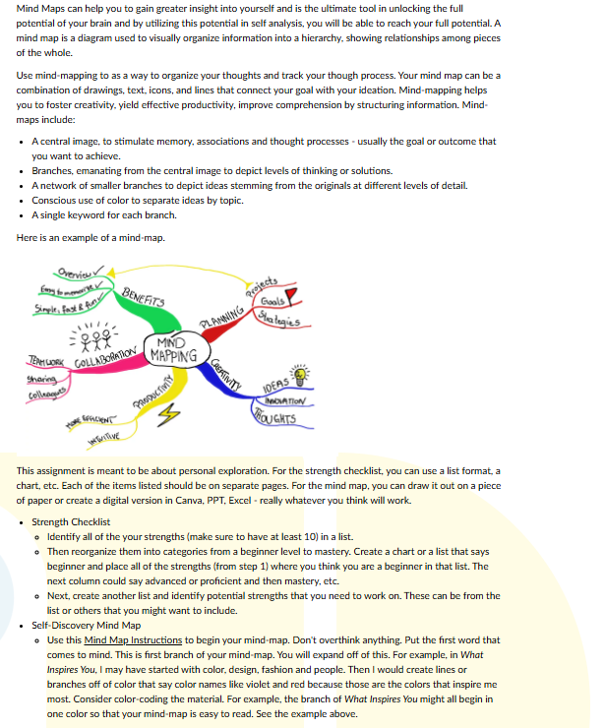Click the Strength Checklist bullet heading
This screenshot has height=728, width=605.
click(71, 521)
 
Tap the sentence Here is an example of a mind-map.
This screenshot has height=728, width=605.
click(91, 237)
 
